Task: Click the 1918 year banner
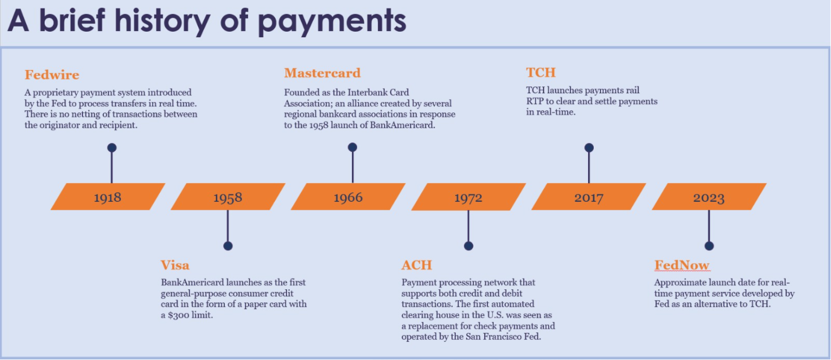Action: (x=108, y=197)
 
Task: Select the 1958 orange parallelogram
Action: (x=228, y=197)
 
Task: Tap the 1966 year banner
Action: (x=348, y=197)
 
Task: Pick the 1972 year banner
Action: (x=468, y=197)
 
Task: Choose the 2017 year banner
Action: (x=589, y=197)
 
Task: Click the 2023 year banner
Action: (x=709, y=197)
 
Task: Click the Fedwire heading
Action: (x=52, y=75)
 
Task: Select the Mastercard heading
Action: (x=322, y=73)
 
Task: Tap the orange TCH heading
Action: (x=541, y=72)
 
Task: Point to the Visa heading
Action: (x=175, y=265)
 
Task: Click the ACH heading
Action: (x=416, y=265)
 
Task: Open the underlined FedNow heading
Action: (x=682, y=265)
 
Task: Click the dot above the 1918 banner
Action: (x=112, y=148)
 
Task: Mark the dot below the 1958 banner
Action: (x=228, y=246)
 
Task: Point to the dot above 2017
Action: (x=589, y=148)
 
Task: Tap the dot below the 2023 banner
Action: (x=709, y=246)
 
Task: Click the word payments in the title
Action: (x=332, y=21)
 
